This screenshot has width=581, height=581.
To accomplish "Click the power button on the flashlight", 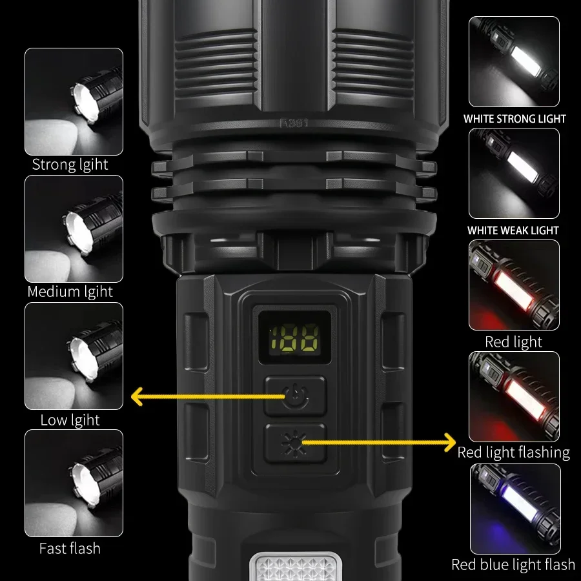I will coord(296,396).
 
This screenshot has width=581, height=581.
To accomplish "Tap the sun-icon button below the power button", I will coord(296,443).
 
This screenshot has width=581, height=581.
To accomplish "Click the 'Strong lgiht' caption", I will coord(70,165).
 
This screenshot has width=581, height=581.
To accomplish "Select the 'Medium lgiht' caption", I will coord(70,292).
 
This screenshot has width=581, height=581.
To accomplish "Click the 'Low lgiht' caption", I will coord(70,420).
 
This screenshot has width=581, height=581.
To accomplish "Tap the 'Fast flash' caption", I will coord(70,549).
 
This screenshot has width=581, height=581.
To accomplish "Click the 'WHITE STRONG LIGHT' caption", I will coord(515,119).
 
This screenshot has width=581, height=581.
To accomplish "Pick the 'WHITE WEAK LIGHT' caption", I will coord(513,230).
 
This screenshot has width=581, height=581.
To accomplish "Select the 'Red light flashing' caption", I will coord(514,453).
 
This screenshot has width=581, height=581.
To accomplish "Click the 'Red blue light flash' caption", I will coord(513,565).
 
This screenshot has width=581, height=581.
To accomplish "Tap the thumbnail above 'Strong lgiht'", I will coord(74,101).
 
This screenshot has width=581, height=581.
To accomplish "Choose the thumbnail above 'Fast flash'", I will coord(74,483).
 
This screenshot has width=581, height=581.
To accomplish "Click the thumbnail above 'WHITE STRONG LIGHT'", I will coord(514,62).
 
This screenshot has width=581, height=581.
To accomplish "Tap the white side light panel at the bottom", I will coord(294,567).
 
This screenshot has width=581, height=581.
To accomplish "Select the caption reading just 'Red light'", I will coord(514,341).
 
